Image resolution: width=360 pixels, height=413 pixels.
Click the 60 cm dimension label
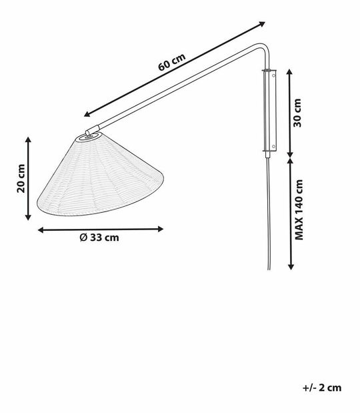[x=171, y=63]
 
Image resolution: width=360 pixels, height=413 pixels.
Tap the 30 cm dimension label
[x=298, y=113]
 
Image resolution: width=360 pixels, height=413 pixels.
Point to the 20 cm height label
[x=21, y=178]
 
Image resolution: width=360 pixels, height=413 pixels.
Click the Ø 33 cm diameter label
[x=100, y=238]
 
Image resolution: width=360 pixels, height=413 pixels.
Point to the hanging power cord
[x=268, y=214]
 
